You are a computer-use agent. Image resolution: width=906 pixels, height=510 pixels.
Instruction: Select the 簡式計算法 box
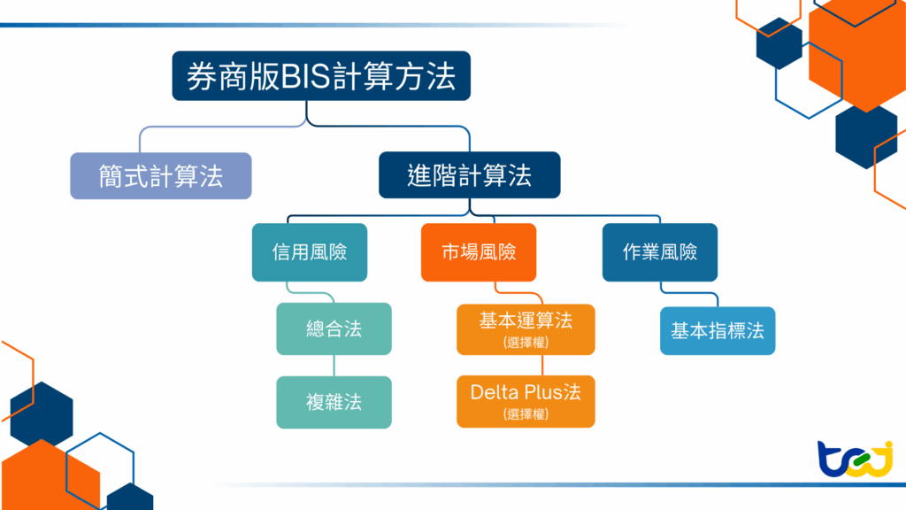(160, 175)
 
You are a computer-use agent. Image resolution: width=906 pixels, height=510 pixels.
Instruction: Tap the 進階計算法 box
(469, 175)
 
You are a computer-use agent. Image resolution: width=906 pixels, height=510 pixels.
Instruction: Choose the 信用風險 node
(309, 252)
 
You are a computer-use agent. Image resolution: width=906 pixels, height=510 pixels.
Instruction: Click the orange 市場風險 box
(479, 252)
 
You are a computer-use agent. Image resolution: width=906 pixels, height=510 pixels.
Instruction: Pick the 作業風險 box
(659, 252)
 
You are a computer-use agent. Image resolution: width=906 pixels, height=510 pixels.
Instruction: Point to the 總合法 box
(334, 328)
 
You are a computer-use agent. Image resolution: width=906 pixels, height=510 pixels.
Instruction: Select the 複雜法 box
(334, 402)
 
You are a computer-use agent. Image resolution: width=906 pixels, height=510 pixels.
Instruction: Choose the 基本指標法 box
(718, 330)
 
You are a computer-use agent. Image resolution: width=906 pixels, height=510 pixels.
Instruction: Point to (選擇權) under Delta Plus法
(526, 413)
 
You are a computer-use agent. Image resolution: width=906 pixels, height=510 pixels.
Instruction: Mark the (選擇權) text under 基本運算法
(526, 342)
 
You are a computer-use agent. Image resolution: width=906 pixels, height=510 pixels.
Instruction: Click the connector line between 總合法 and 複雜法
(334, 365)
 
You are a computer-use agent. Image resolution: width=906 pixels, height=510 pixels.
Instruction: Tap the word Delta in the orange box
(493, 392)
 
